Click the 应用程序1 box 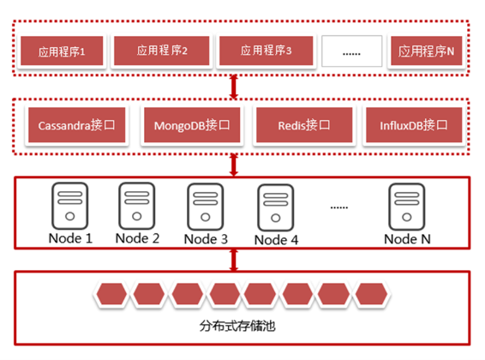coord(62,51)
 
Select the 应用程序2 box coord(162,51)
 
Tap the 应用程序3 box coord(266,51)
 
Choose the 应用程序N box coord(426,51)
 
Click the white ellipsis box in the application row coord(351,51)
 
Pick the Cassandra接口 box coord(77,125)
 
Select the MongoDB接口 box coord(192,125)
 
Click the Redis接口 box coord(304,125)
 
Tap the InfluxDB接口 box coord(414,125)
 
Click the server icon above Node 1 coord(70,206)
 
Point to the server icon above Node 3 coord(206,207)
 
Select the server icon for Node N coord(407,207)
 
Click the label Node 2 coord(137,238)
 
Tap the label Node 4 coord(276,240)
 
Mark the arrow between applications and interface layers coord(234,87)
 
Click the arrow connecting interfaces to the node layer coord(234,165)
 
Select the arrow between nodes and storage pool coord(234,260)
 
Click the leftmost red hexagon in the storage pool coord(111,293)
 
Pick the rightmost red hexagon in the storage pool coord(371,293)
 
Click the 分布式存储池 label coord(237,326)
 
